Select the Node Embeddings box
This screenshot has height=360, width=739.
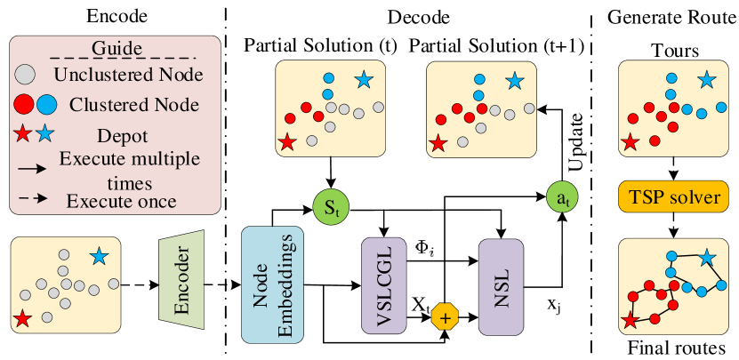pos(273,284)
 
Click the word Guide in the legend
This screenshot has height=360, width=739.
pos(114,47)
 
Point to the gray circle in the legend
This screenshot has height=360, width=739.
pos(27,73)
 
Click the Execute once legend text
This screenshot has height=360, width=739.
pos(121,202)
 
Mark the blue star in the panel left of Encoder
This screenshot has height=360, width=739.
pos(99,257)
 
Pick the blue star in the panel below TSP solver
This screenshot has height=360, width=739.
pos(706,259)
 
